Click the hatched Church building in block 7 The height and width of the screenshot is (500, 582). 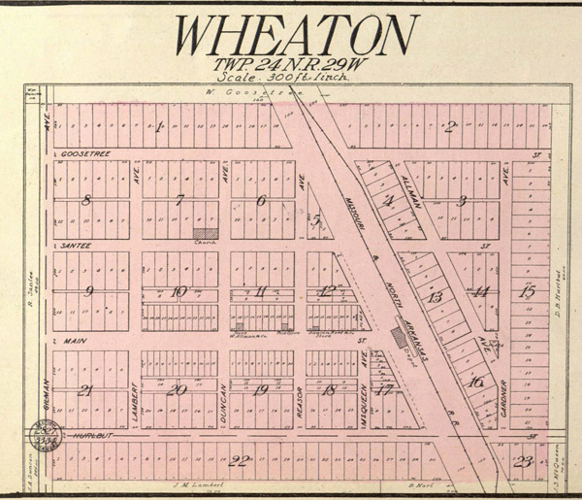(x=205, y=233)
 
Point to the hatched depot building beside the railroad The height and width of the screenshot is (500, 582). (x=399, y=336)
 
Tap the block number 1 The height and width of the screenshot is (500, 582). (x=158, y=126)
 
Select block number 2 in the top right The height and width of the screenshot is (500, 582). (x=450, y=125)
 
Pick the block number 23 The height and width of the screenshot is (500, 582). (x=524, y=460)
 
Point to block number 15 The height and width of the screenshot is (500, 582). (x=527, y=291)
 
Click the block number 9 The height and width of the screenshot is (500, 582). (x=88, y=291)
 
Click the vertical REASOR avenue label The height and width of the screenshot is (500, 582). (x=301, y=399)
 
